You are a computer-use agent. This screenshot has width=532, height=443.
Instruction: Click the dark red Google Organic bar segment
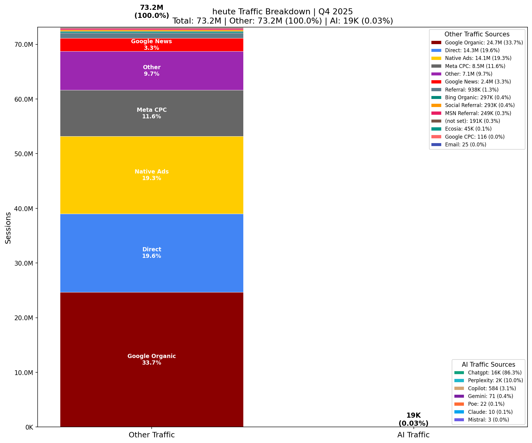152,328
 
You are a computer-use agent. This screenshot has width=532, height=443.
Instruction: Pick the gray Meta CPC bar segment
152,125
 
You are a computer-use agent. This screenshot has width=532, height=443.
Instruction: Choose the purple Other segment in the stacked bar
152,80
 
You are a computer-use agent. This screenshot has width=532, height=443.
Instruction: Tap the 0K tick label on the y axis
29,427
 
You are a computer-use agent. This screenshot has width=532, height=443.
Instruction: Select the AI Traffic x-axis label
413,435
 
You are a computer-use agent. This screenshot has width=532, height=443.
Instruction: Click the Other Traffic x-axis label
152,435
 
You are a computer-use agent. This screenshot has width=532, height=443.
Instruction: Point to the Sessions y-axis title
8,228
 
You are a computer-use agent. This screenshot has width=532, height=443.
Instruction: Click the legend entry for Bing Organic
477,97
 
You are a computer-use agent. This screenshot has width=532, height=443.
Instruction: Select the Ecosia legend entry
468,129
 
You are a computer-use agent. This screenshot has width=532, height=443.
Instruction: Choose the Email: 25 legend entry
465,145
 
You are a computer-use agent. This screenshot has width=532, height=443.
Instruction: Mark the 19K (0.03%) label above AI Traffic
413,419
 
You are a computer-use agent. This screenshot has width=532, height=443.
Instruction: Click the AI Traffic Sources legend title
488,365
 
